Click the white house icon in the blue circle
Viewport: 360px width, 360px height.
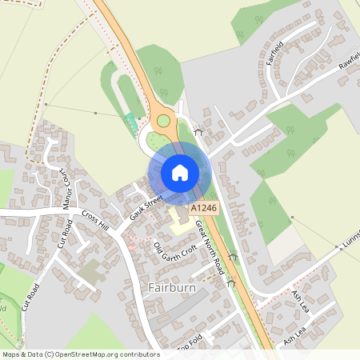point(179,172)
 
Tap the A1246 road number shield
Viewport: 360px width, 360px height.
point(203,207)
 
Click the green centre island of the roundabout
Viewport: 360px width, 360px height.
point(163,121)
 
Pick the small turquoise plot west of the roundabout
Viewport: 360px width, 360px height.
point(130,124)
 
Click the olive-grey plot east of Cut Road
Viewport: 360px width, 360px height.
point(91,270)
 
